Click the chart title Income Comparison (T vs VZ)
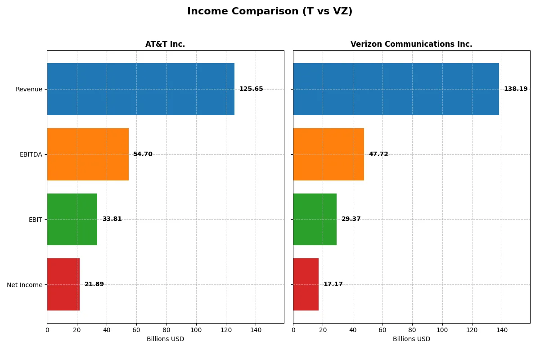click(x=270, y=12)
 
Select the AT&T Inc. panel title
click(x=165, y=44)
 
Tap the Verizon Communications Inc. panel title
click(x=411, y=44)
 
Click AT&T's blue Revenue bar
click(x=140, y=89)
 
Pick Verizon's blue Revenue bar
click(x=396, y=89)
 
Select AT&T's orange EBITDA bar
click(x=88, y=154)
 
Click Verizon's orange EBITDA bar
click(x=328, y=154)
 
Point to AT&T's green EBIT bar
click(x=72, y=219)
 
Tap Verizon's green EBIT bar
click(x=315, y=219)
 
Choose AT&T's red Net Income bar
click(x=63, y=284)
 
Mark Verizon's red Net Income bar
click(x=306, y=284)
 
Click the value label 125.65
click(x=251, y=89)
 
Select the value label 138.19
click(x=516, y=89)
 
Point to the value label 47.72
click(x=378, y=154)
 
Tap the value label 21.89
click(x=94, y=284)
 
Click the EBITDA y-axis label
click(x=31, y=154)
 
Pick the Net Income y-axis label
click(x=25, y=285)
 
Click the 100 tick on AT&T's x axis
click(x=196, y=330)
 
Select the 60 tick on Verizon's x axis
click(x=382, y=330)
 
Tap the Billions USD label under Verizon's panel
click(x=411, y=339)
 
